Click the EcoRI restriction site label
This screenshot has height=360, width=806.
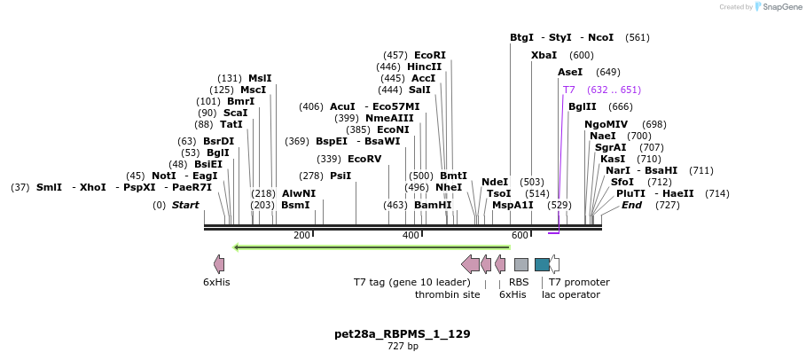point(430,55)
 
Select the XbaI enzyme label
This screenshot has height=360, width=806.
point(544,55)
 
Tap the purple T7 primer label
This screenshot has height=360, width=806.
point(569,90)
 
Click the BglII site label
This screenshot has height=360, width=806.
point(583,106)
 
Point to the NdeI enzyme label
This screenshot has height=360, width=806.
point(495,182)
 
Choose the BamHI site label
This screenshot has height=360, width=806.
point(433,205)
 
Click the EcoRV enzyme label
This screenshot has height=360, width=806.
point(364,159)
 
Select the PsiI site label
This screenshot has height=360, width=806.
point(340,176)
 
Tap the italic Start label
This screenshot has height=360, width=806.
point(185,205)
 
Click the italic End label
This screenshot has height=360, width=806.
point(631,205)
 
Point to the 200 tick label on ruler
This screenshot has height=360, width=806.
point(301,235)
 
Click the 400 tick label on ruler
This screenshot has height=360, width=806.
point(411,235)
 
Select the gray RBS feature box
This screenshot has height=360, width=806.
point(521,264)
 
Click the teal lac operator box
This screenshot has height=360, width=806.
point(542,264)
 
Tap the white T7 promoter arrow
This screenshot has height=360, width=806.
point(554,264)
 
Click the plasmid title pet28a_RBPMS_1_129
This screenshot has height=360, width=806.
point(402,334)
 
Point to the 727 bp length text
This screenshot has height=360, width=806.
point(403,347)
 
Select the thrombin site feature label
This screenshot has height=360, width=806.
point(447,294)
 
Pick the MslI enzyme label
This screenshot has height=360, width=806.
point(260,78)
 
